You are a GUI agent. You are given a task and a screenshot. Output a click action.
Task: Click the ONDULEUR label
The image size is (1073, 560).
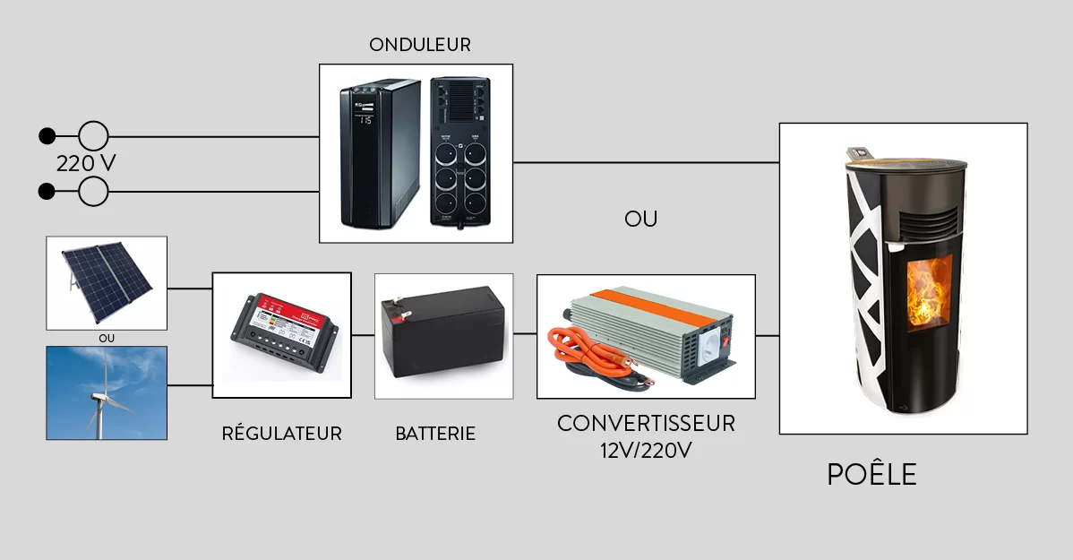(x=419, y=45)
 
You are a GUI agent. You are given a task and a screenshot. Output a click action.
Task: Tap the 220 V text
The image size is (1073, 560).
(x=86, y=164)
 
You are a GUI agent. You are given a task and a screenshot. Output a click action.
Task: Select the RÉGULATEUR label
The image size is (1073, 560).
(x=281, y=434)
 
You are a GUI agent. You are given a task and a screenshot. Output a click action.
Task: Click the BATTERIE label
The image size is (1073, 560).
(x=435, y=434)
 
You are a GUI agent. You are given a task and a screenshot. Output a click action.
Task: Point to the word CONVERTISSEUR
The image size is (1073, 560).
(x=646, y=423)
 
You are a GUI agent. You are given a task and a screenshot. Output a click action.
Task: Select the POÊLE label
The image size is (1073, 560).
(x=871, y=475)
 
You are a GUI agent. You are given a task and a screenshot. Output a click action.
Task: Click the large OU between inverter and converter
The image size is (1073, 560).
(x=640, y=220)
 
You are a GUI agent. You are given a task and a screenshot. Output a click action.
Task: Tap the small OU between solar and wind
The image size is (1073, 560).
(x=107, y=338)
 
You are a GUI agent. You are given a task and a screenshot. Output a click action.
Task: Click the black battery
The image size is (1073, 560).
(x=443, y=334)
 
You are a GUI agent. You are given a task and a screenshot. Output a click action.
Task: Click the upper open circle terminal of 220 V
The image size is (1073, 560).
(x=93, y=136)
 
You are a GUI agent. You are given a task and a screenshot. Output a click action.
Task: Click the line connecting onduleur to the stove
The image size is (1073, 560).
(x=645, y=162)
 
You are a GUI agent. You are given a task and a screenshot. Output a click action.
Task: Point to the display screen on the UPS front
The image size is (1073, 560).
(x=365, y=118)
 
